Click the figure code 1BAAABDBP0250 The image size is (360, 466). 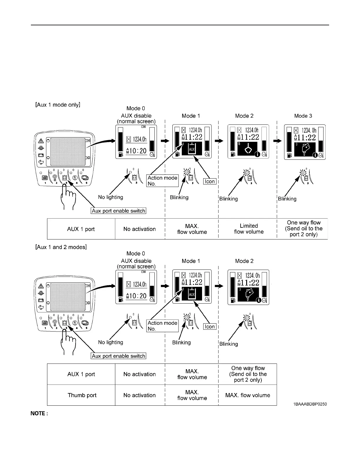pos(310,404)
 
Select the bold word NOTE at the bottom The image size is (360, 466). pos(39,414)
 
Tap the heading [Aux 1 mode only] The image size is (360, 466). pos(58,105)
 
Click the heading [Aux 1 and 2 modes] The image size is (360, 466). pos(61,247)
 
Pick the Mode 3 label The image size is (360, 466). pos(303,116)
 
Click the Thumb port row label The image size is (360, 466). pos(82,395)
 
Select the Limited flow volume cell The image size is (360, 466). pos(249,229)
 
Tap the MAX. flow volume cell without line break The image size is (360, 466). pos(248,395)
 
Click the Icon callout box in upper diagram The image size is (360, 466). pos(210,182)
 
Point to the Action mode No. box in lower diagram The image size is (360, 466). pos(162,326)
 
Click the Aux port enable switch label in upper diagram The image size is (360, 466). pos(119,211)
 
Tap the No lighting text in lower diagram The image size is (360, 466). pos(111,342)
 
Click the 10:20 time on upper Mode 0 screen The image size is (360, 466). pos(136,151)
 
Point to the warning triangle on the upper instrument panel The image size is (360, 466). pos(41,141)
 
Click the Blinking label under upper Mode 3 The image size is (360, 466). pos(287,199)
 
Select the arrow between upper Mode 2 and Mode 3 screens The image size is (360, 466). pos(278,141)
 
